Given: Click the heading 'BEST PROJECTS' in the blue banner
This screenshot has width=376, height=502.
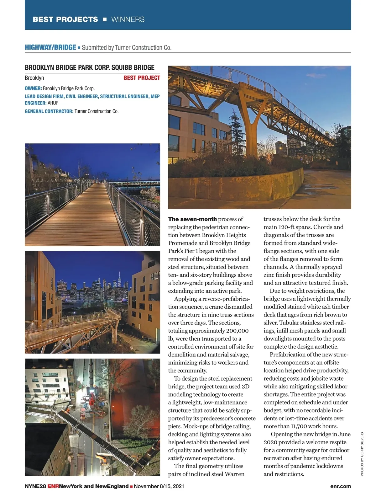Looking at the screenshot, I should pyautogui.click(x=65, y=19).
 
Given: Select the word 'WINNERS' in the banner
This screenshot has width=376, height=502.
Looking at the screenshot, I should pyautogui.click(x=128, y=19).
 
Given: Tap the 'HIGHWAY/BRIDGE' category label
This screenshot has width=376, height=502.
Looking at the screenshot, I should pyautogui.click(x=50, y=47).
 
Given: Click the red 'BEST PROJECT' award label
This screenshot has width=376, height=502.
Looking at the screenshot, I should pyautogui.click(x=142, y=78).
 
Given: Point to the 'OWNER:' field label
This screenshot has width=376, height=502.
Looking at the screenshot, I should pyautogui.click(x=33, y=88).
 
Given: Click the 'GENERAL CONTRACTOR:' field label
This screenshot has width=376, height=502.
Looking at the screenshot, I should pyautogui.click(x=49, y=111).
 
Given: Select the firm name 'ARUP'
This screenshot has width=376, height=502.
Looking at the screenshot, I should pyautogui.click(x=53, y=103).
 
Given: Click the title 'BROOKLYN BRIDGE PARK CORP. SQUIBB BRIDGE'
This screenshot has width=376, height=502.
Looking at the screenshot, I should pyautogui.click(x=90, y=67).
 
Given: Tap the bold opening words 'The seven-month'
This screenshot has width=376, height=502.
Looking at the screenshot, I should pyautogui.click(x=192, y=219).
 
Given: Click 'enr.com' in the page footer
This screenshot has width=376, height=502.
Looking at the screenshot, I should pyautogui.click(x=340, y=486).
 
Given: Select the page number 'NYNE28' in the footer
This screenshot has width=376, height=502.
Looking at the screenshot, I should pyautogui.click(x=35, y=486).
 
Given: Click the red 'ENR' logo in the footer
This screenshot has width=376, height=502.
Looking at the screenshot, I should pyautogui.click(x=53, y=486).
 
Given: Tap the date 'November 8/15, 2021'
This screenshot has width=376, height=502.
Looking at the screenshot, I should pyautogui.click(x=159, y=486).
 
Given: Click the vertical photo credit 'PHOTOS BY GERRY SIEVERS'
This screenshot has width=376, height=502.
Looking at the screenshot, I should pyautogui.click(x=362, y=454).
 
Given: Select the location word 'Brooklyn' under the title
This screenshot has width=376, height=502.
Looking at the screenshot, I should pyautogui.click(x=34, y=78).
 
